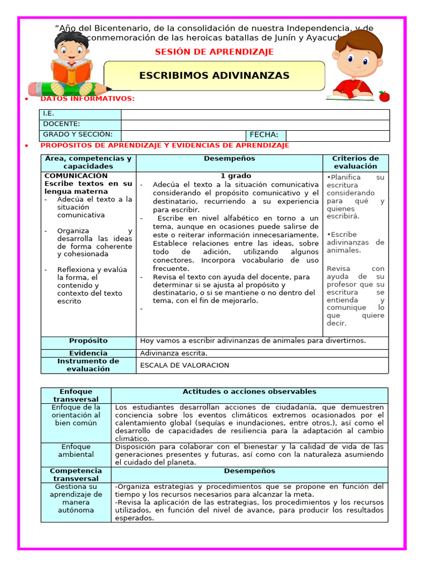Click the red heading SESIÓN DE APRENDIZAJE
[x=214, y=52]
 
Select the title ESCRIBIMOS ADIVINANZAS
[x=214, y=76]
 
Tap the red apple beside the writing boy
[x=384, y=96]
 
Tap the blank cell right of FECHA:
[x=337, y=135]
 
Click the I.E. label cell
[x=81, y=114]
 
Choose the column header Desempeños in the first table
[x=229, y=158]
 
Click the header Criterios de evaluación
[x=355, y=162]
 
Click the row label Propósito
[x=88, y=341]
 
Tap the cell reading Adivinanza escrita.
[x=174, y=353]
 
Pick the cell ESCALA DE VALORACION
[x=184, y=365]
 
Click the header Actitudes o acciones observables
[x=249, y=392]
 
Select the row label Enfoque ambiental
[x=76, y=450]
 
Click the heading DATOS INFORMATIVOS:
[x=87, y=99]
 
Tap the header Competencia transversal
[x=76, y=475]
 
